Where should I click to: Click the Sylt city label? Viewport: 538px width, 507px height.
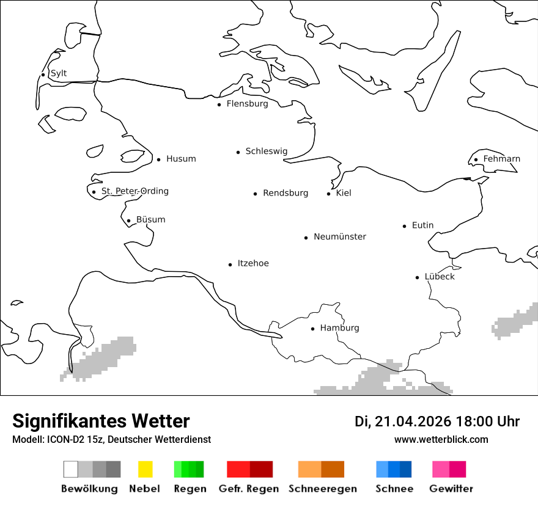click(x=59, y=73)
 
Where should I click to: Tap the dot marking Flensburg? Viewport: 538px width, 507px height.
click(x=219, y=104)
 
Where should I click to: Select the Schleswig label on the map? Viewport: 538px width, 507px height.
click(x=266, y=151)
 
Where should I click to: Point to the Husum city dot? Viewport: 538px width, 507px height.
click(x=158, y=159)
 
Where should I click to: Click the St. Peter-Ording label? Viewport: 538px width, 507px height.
click(x=134, y=191)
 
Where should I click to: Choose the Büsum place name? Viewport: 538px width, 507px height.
click(x=150, y=220)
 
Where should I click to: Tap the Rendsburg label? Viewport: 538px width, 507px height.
click(x=286, y=193)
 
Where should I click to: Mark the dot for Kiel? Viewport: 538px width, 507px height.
click(x=328, y=194)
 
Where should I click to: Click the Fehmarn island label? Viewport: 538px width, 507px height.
click(x=501, y=159)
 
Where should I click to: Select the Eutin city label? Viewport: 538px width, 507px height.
click(x=422, y=225)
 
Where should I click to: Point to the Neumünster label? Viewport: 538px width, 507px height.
click(x=340, y=236)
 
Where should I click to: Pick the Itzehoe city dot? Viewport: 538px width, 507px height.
click(x=230, y=264)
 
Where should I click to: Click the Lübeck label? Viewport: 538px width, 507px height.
click(x=440, y=277)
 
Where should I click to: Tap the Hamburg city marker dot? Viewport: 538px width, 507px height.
click(x=312, y=329)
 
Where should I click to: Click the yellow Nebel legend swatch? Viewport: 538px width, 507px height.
click(x=145, y=469)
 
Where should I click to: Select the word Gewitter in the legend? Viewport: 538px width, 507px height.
click(x=451, y=489)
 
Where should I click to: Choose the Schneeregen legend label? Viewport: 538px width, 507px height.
click(x=322, y=489)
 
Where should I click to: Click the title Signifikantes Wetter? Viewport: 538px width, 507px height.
click(x=101, y=421)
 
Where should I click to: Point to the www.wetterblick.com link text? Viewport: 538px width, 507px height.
click(x=441, y=439)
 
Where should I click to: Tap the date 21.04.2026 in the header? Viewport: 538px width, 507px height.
click(x=413, y=421)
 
